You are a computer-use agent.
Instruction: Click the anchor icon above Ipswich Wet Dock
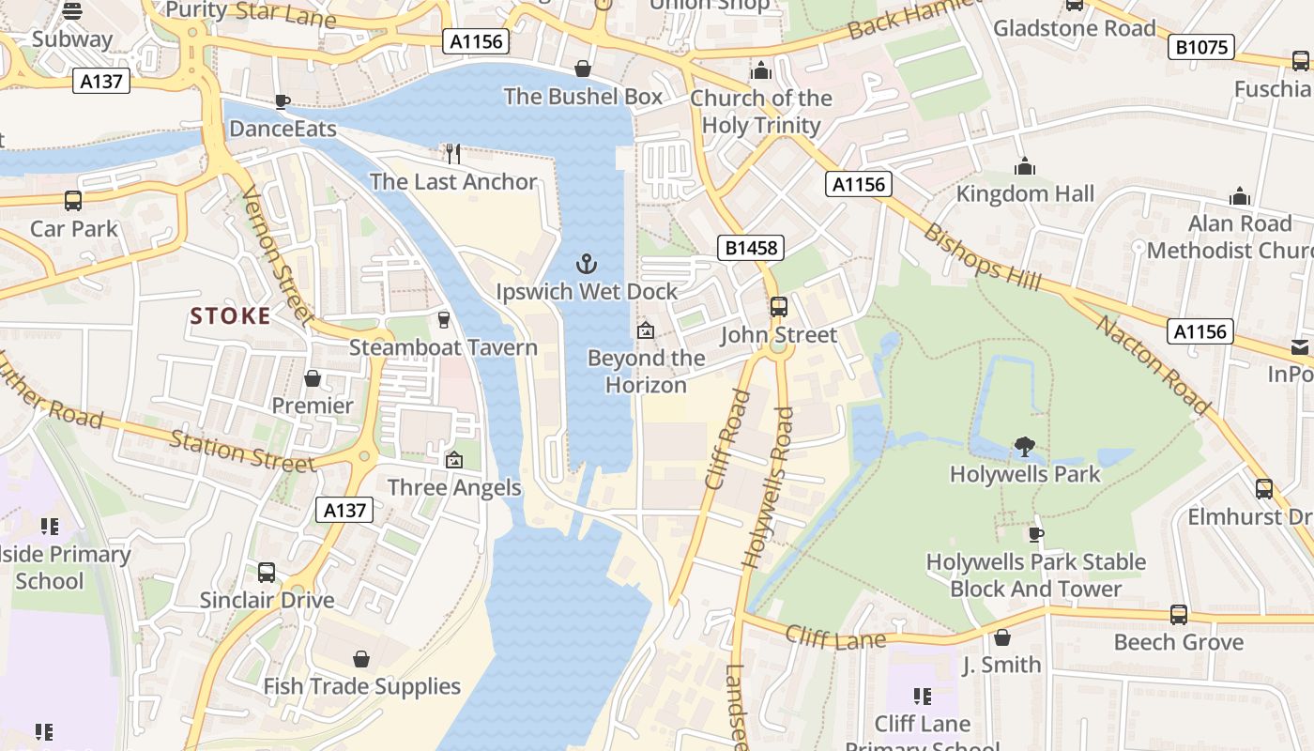[x=587, y=263]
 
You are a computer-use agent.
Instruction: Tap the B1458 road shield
[x=751, y=248]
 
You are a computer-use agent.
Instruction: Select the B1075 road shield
[x=1200, y=47]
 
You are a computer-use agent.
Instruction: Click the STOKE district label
[x=231, y=316]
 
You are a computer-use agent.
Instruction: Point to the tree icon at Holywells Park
[x=1025, y=448]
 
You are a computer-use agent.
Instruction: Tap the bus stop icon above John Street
[x=778, y=307]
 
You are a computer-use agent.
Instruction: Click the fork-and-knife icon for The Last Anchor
[x=453, y=154]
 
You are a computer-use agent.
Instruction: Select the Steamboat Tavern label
[x=443, y=348]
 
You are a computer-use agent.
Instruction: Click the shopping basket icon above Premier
[x=313, y=378]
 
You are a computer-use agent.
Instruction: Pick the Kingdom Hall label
[x=1025, y=194]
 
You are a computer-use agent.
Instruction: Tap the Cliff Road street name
[x=727, y=439]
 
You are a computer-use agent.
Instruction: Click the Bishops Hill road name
[x=976, y=253]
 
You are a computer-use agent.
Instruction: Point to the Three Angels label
[x=454, y=487]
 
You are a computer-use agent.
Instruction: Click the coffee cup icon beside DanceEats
[x=282, y=101]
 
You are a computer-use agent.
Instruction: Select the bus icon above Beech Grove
[x=1178, y=615]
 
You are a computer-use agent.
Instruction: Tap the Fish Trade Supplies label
[x=361, y=687]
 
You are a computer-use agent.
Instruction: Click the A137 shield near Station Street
[x=344, y=510]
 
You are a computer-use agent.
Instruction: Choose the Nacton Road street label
[x=1153, y=364]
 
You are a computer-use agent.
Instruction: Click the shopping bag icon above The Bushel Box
[x=583, y=69]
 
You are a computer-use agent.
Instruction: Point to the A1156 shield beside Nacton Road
[x=1200, y=331]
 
